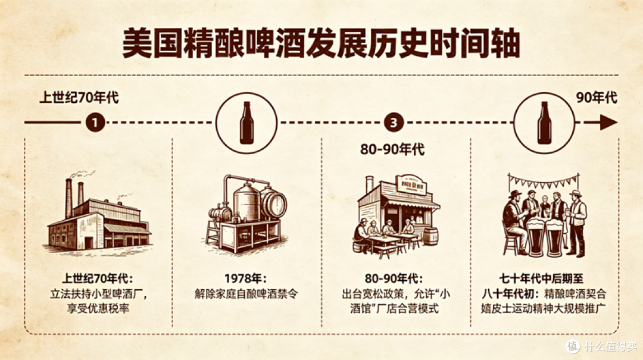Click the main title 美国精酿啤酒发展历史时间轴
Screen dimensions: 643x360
(x=321, y=43)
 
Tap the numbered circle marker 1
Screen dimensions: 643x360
(x=95, y=122)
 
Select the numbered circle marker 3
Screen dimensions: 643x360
(x=394, y=122)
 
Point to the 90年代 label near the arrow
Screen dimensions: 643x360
(x=597, y=98)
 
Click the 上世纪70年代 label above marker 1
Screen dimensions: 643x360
(x=79, y=98)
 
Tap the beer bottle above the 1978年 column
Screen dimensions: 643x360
(x=246, y=123)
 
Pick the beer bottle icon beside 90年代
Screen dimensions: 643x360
(x=545, y=123)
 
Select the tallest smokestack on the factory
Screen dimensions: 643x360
(x=68, y=199)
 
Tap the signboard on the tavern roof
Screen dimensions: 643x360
(x=411, y=185)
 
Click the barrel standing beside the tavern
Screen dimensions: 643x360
(x=430, y=237)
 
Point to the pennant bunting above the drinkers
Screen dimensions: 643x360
(x=544, y=181)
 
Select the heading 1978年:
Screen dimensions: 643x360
(x=245, y=278)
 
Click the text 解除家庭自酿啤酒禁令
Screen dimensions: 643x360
(x=246, y=293)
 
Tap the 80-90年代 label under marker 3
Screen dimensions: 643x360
(x=392, y=150)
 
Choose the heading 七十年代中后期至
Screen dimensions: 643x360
(x=541, y=279)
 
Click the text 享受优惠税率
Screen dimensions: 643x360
(x=98, y=308)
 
